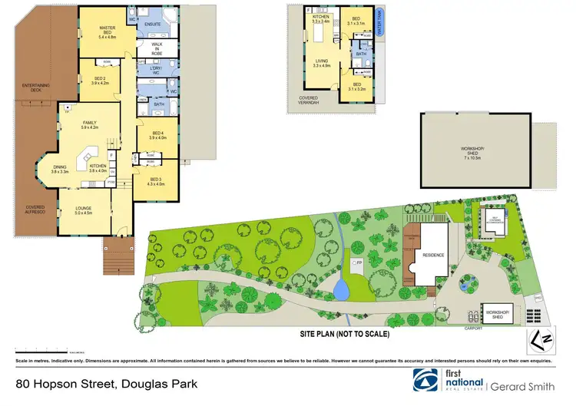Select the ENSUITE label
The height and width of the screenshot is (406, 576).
(152, 24)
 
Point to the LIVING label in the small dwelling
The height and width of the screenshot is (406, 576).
(321, 63)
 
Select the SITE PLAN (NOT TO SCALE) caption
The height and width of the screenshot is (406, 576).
(345, 334)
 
